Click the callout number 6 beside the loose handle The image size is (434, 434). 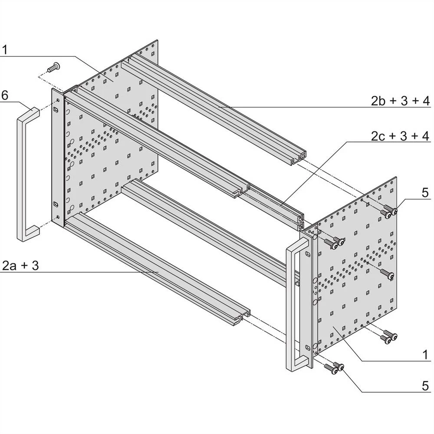click(x=5, y=95)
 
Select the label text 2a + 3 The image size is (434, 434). click(x=21, y=265)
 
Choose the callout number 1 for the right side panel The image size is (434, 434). click(x=425, y=355)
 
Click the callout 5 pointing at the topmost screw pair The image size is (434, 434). click(x=425, y=192)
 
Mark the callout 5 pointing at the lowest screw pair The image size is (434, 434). click(x=425, y=385)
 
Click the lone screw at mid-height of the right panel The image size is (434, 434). click(x=388, y=274)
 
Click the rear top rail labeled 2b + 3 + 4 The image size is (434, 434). click(x=217, y=108)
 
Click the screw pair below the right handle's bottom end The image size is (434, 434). click(x=335, y=368)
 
